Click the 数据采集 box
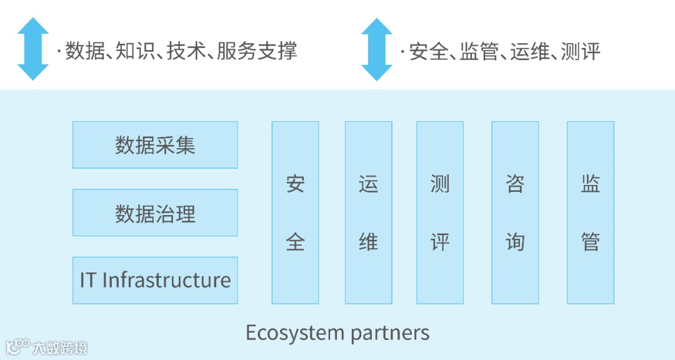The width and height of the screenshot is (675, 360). pyautogui.click(x=155, y=145)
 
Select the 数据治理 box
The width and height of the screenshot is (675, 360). pyautogui.click(x=155, y=212)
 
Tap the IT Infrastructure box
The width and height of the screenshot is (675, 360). pyautogui.click(x=155, y=280)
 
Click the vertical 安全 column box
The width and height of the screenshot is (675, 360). pyautogui.click(x=295, y=212)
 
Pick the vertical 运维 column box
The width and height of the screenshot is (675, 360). pyautogui.click(x=368, y=212)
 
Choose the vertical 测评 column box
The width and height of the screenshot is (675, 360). pyautogui.click(x=440, y=212)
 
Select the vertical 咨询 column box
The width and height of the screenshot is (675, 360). pyautogui.click(x=515, y=212)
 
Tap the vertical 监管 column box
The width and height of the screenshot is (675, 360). pyautogui.click(x=590, y=212)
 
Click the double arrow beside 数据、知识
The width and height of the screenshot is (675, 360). pyautogui.click(x=33, y=49)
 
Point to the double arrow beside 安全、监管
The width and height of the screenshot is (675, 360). pyautogui.click(x=377, y=49)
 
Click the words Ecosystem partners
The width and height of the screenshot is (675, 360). pyautogui.click(x=337, y=332)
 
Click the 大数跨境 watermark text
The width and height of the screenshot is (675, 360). pyautogui.click(x=60, y=347)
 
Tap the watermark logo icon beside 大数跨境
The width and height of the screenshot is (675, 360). pyautogui.click(x=17, y=347)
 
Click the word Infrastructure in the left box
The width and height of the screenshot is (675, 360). pyautogui.click(x=166, y=280)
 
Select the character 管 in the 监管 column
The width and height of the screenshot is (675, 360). pyautogui.click(x=590, y=241)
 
